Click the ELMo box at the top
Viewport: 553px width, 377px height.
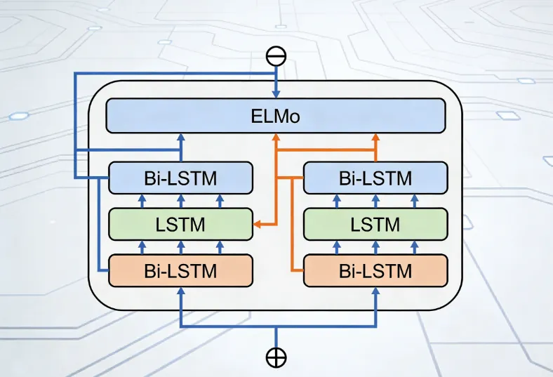(x=275, y=115)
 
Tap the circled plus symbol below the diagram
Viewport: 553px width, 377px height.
(x=276, y=357)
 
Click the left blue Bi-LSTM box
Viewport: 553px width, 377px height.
(x=180, y=177)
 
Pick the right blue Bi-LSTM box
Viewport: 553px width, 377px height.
(x=375, y=177)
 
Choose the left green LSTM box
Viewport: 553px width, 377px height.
(x=180, y=225)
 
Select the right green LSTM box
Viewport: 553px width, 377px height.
(x=375, y=225)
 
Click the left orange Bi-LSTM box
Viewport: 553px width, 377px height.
(x=180, y=270)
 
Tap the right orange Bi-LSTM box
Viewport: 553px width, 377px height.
(x=375, y=270)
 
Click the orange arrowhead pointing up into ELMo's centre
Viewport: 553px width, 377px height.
(x=276, y=137)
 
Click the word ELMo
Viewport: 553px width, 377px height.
(x=275, y=115)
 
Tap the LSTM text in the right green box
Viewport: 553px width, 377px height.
(x=375, y=225)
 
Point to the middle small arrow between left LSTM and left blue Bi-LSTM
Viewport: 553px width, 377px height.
(x=180, y=200)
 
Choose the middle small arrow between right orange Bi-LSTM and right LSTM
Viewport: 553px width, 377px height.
(x=375, y=246)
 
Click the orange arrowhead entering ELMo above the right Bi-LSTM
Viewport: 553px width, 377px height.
(x=375, y=137)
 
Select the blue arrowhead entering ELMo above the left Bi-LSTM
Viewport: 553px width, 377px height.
(x=181, y=137)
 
